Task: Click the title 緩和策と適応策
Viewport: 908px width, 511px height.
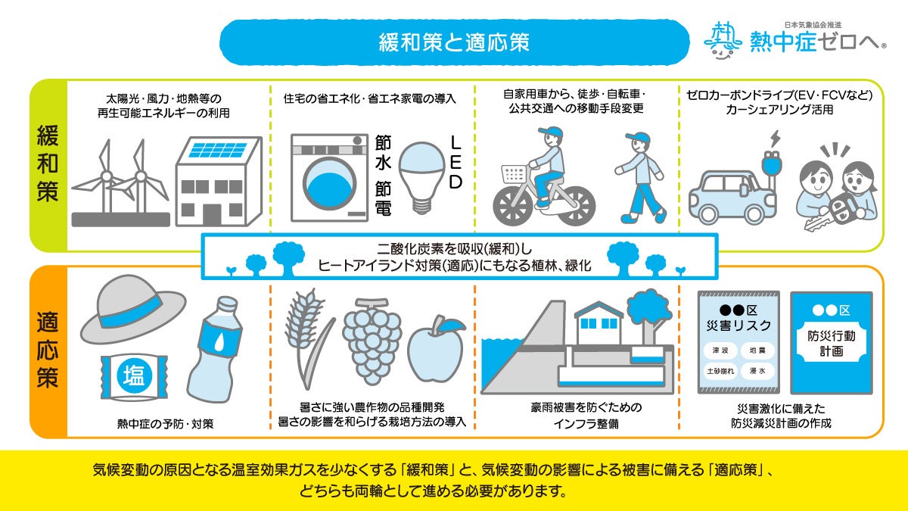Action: click(x=454, y=41)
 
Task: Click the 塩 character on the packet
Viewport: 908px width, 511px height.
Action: click(x=134, y=375)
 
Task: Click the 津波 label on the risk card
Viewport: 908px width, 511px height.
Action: click(x=715, y=351)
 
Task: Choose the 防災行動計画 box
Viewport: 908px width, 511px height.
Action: click(x=831, y=342)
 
